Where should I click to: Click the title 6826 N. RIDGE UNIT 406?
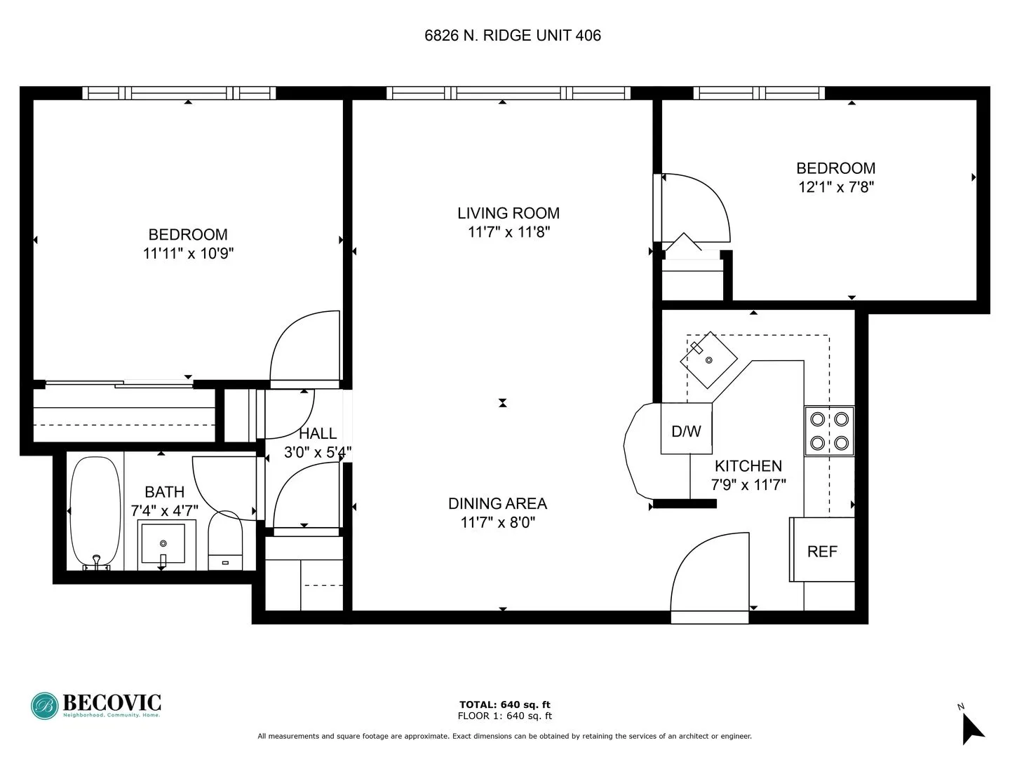(513, 36)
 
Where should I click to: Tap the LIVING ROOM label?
(509, 213)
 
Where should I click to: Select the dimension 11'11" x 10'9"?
(188, 254)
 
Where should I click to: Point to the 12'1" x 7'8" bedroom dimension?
(836, 187)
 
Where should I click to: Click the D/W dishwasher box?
(686, 430)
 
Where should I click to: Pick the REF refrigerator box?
(822, 550)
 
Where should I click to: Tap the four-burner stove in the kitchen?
(829, 431)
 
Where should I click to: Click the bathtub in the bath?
(96, 512)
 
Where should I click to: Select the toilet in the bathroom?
(225, 540)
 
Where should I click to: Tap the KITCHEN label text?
(748, 466)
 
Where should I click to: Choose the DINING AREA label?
(497, 503)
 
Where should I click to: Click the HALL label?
(318, 434)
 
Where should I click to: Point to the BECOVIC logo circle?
(44, 706)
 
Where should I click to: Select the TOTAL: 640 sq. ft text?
(504, 704)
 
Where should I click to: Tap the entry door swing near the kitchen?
(708, 575)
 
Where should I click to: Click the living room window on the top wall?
(509, 93)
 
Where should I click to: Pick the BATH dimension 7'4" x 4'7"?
(165, 511)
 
